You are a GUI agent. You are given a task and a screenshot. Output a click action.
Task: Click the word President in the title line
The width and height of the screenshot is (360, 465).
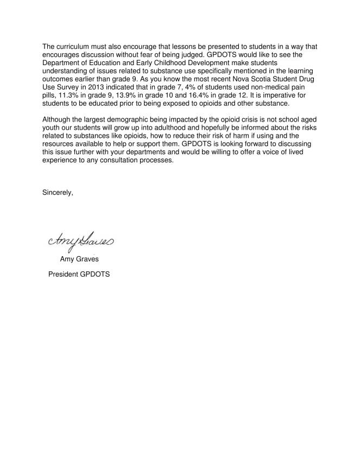65,274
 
